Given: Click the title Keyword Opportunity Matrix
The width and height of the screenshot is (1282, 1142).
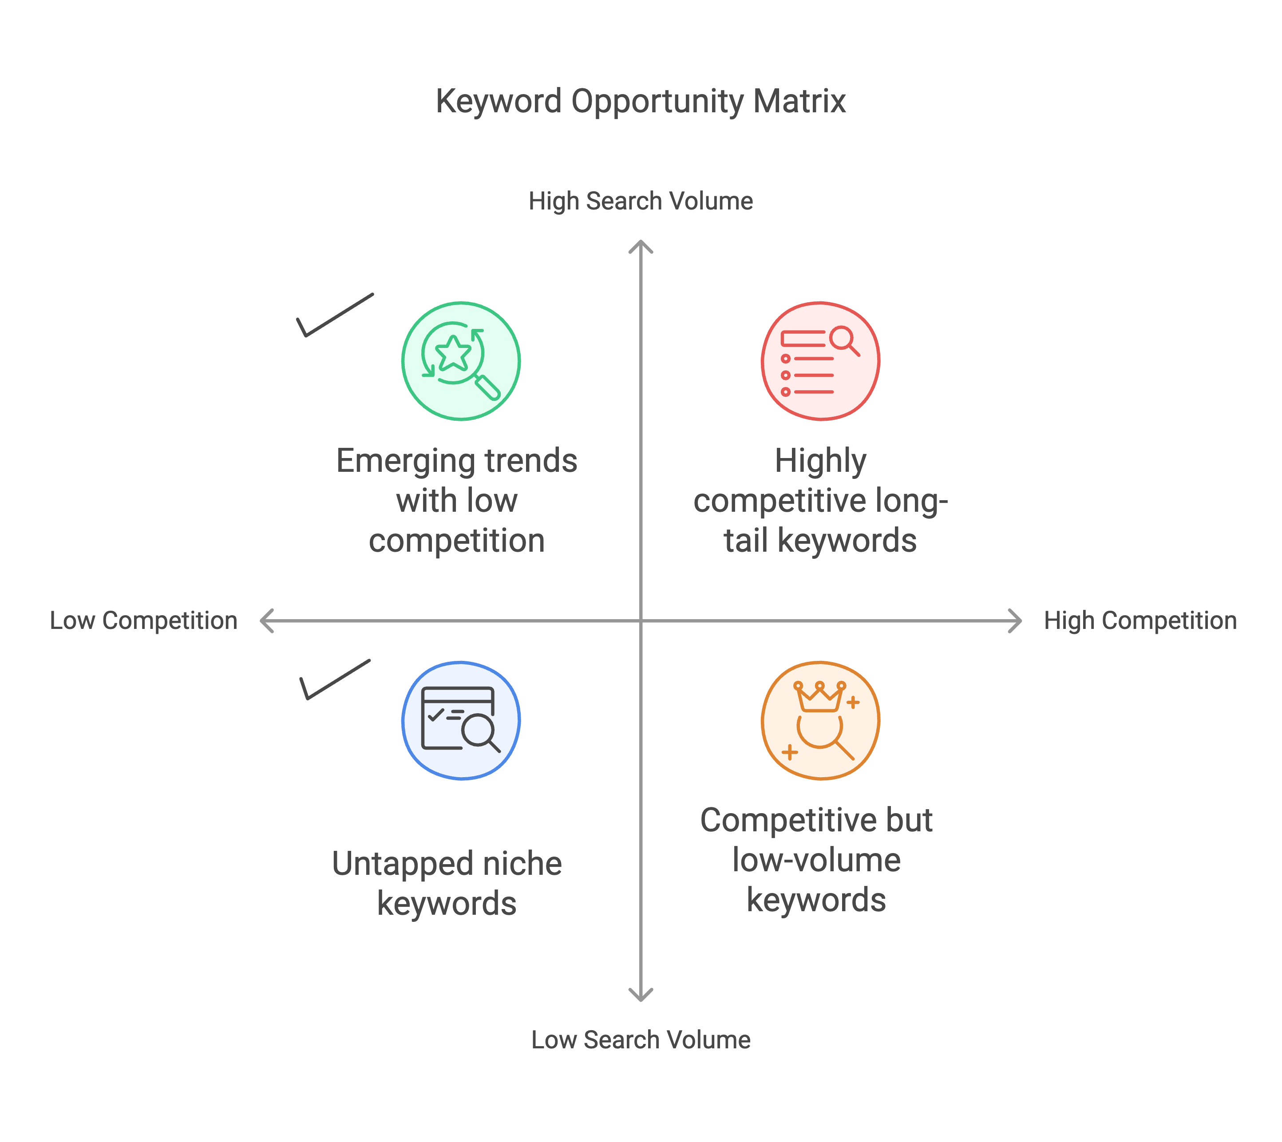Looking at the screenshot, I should click(x=641, y=102).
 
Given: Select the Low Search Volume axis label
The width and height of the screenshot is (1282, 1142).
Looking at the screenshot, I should click(x=641, y=1040).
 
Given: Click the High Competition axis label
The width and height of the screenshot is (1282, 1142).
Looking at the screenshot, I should click(x=1140, y=620).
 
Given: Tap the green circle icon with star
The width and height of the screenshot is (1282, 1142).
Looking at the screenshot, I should click(x=461, y=361).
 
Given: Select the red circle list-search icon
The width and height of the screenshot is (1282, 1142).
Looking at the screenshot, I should click(x=820, y=361).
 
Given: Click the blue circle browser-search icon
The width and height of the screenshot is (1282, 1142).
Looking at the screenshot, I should click(x=461, y=720).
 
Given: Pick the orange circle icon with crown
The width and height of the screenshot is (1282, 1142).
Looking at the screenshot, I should click(x=820, y=720).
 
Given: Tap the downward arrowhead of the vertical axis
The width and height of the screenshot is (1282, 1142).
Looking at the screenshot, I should click(x=641, y=995).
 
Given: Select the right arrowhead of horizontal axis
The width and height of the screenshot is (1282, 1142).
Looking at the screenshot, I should click(x=1015, y=620).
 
